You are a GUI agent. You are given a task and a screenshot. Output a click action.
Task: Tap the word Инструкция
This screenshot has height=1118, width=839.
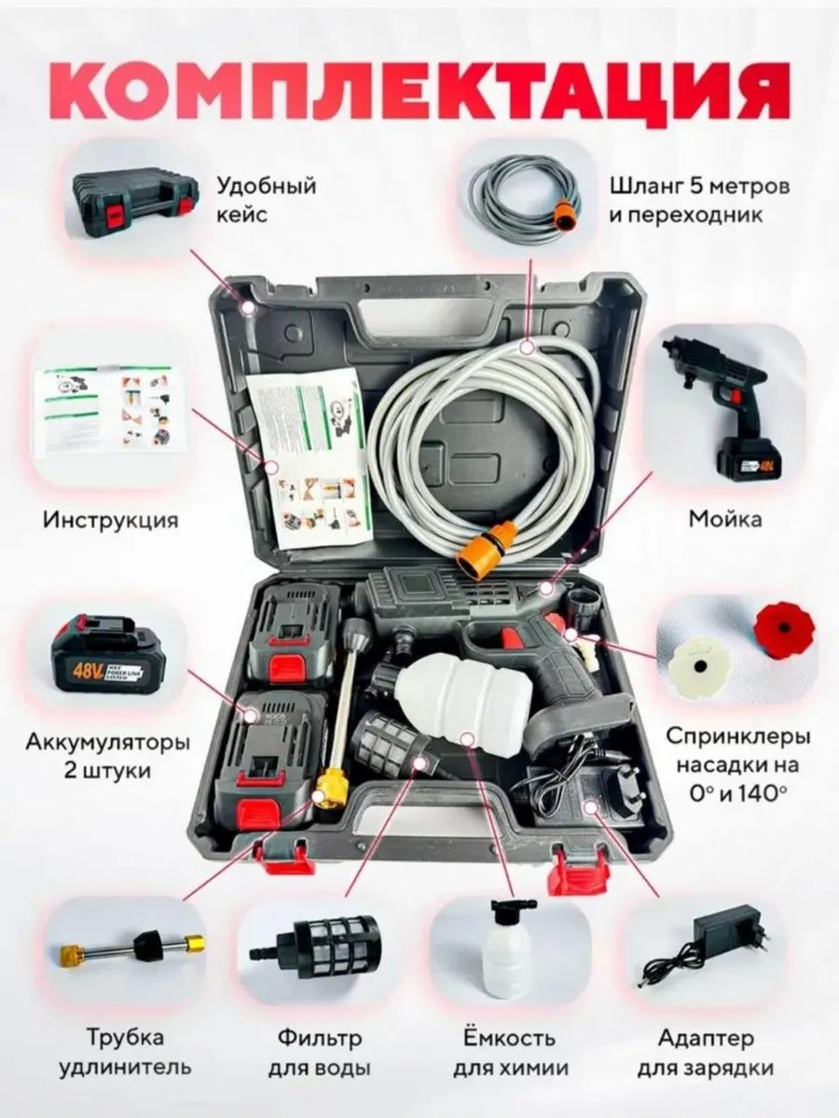pyautogui.click(x=111, y=521)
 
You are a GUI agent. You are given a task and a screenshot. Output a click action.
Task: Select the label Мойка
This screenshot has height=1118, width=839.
pyautogui.click(x=725, y=519)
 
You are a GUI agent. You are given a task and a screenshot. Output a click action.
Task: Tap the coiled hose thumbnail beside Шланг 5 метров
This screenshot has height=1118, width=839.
pyautogui.click(x=528, y=189)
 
